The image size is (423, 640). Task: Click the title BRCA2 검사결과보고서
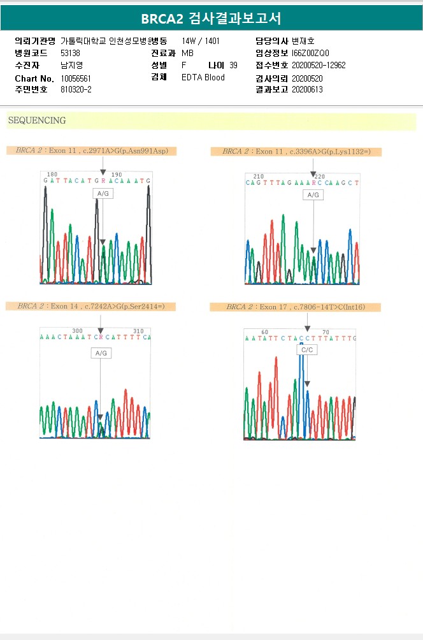(x=211, y=18)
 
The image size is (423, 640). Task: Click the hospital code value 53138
(x=70, y=53)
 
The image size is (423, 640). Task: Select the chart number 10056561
(x=76, y=78)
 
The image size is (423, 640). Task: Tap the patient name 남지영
(x=71, y=65)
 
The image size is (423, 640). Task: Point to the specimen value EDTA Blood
(x=203, y=78)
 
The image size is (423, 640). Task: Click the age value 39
(x=233, y=65)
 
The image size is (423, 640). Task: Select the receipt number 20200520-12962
(x=319, y=65)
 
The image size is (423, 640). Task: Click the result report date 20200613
(x=307, y=89)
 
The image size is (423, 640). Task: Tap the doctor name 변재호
(x=303, y=41)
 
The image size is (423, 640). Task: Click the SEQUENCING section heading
(x=37, y=120)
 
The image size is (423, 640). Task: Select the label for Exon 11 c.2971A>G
(x=91, y=151)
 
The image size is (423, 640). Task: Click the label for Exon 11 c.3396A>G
(x=296, y=152)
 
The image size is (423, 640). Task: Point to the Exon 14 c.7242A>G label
(x=90, y=307)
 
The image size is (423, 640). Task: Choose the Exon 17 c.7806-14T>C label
(x=295, y=307)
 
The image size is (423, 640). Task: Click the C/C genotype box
(x=307, y=350)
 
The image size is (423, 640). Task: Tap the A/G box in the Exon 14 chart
(x=101, y=353)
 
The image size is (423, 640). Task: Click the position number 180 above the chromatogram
(x=52, y=174)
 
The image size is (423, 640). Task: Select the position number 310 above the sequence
(x=138, y=331)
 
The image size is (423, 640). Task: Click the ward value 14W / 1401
(x=201, y=41)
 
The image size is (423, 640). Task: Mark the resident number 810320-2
(x=76, y=89)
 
